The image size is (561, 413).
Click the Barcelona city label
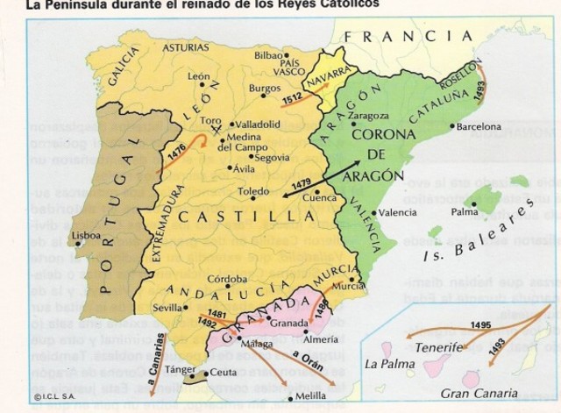[479, 127]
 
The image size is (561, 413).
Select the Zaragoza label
[368, 115]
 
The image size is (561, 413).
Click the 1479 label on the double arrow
[302, 185]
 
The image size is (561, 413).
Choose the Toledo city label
[254, 190]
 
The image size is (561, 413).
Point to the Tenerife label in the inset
[438, 348]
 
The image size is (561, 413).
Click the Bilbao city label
[269, 55]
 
